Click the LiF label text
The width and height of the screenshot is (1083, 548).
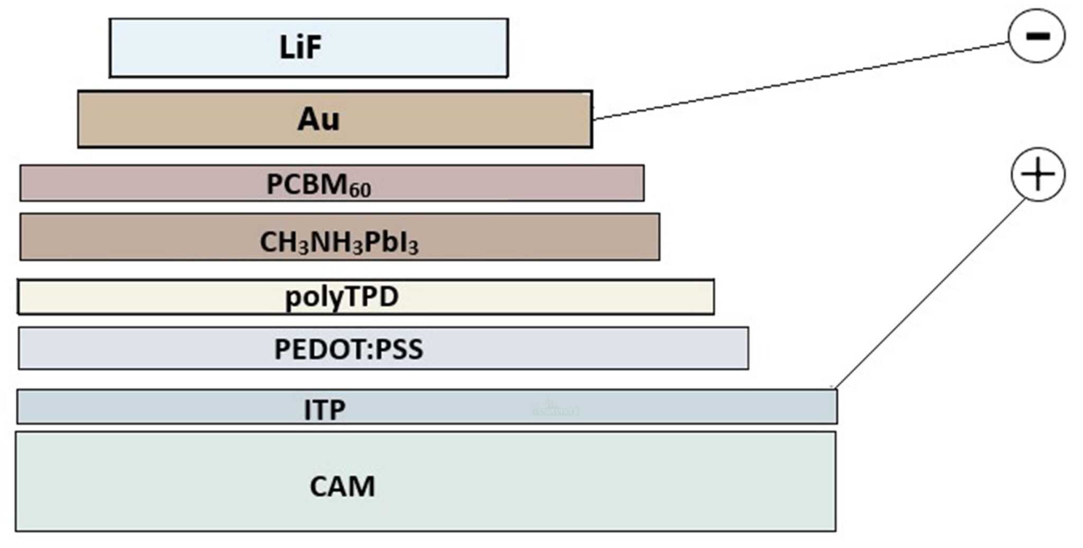tap(300, 47)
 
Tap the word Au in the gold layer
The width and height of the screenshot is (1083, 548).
tap(318, 119)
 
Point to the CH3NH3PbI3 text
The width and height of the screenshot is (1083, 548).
tap(339, 243)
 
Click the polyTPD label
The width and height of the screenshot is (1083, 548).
tap(342, 297)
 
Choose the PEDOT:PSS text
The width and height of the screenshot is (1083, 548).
tap(348, 349)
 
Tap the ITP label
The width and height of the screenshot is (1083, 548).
tap(325, 410)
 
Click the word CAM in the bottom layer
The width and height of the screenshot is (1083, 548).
tap(342, 487)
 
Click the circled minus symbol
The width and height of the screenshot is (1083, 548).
tap(1036, 36)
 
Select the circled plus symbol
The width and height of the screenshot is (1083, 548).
tap(1038, 174)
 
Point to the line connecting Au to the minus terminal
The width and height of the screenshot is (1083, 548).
tap(799, 81)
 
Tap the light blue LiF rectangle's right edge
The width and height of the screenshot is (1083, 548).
tap(507, 48)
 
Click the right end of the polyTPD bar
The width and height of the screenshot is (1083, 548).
tap(713, 297)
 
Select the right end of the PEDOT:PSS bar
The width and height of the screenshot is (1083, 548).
tap(747, 348)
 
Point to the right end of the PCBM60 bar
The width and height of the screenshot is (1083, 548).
tap(643, 183)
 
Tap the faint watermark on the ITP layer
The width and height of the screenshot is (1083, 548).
tap(555, 410)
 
